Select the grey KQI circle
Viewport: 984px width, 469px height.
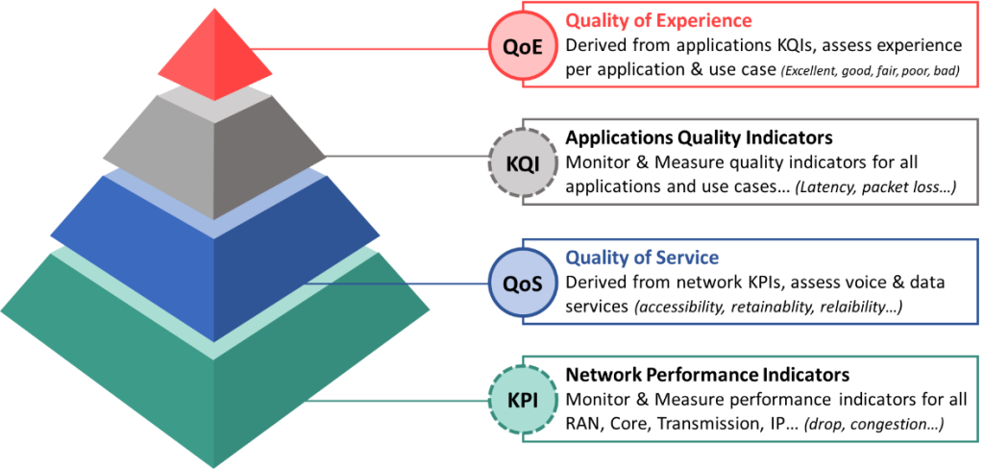[x=522, y=163]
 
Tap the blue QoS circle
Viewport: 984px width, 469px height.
[x=522, y=283]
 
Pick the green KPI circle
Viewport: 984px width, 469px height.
[x=522, y=400]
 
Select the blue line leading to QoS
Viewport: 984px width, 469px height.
[x=394, y=284]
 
